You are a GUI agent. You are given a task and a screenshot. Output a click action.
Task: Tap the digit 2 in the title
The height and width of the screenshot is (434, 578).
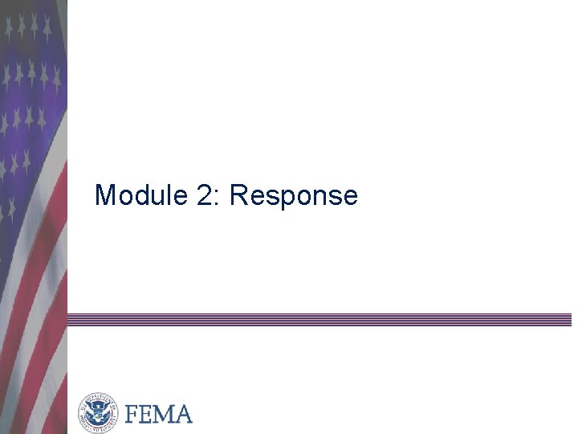[x=205, y=195]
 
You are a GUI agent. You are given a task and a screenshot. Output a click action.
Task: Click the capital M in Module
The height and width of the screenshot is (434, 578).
[x=104, y=195]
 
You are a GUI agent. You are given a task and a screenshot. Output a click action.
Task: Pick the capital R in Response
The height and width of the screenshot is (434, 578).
[x=238, y=195]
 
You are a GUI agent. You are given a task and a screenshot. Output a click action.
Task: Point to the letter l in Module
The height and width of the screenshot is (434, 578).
[x=170, y=195]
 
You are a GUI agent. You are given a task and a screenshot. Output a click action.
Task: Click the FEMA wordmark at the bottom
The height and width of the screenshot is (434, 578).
[x=159, y=414]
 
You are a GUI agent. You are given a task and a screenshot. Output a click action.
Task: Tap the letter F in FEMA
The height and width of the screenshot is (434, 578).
[x=132, y=414]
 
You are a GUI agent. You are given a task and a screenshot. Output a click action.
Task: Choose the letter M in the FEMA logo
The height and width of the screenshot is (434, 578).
[x=164, y=414]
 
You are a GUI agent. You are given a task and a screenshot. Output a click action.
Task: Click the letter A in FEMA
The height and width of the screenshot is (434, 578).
[x=182, y=414]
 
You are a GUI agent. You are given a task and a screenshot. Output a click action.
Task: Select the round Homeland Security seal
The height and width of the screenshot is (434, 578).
[x=98, y=414]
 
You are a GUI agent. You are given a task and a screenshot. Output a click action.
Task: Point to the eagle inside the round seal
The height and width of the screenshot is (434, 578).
[x=98, y=414]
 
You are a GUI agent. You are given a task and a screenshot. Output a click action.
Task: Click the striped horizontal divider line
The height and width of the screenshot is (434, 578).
[x=321, y=319]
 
